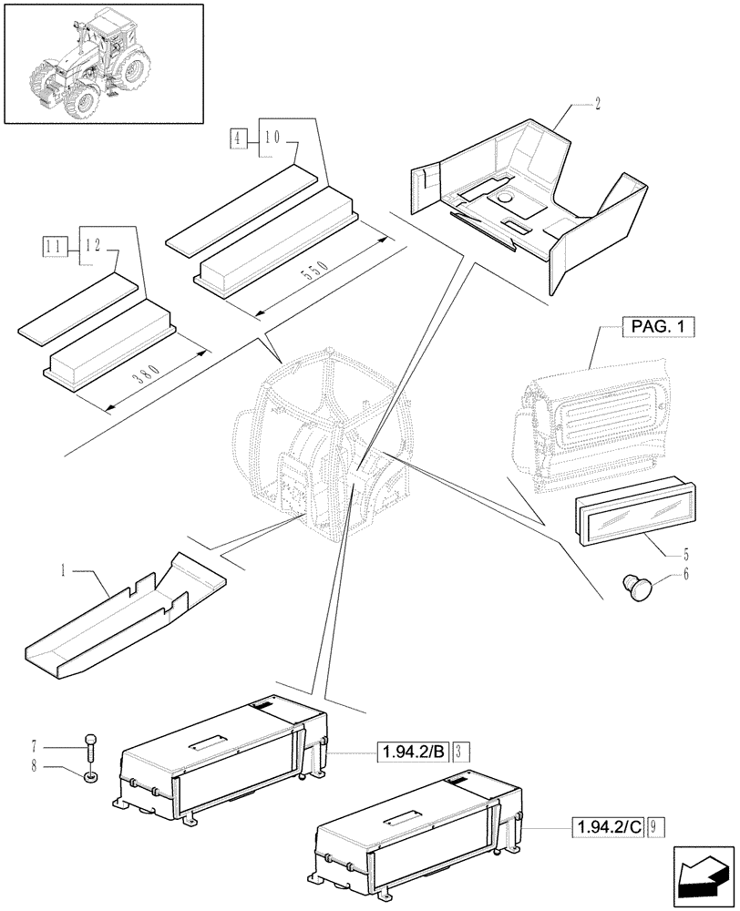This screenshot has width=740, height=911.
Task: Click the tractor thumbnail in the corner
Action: [102, 63]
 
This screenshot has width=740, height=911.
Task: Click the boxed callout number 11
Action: [53, 245]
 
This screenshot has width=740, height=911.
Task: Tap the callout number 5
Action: [685, 552]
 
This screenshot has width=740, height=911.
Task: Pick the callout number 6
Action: [684, 575]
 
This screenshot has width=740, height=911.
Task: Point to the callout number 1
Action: [62, 571]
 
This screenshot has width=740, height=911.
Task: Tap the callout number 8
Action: [59, 767]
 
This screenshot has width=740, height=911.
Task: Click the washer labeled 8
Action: [90, 777]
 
